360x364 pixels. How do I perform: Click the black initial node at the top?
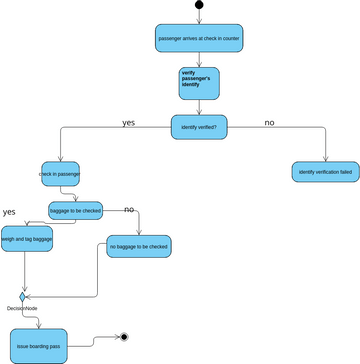pos(199,5)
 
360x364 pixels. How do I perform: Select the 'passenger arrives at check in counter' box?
pos(199,38)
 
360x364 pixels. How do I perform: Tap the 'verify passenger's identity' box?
pos(199,82)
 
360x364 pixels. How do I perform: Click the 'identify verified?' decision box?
pos(199,127)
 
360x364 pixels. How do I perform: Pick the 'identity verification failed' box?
pos(325,172)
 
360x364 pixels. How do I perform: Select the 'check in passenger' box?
pos(59,173)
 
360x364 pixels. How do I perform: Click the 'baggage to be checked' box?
pos(76,210)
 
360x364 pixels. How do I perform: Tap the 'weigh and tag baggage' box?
pos(27,240)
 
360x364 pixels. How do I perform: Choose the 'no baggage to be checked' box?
pos(138,246)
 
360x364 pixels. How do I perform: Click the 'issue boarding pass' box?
pos(39,345)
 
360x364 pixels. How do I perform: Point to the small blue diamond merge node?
pos(22,296)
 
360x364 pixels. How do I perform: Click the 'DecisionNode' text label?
pos(21,309)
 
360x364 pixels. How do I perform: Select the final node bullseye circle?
pos(124,337)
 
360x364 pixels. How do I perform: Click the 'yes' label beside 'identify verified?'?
pos(128,122)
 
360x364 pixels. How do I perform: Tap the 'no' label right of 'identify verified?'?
pos(269,122)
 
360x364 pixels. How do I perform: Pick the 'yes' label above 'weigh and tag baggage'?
pos(9,212)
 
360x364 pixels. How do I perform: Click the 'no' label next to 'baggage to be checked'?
pos(129,209)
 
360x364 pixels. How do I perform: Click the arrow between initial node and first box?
pos(199,16)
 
